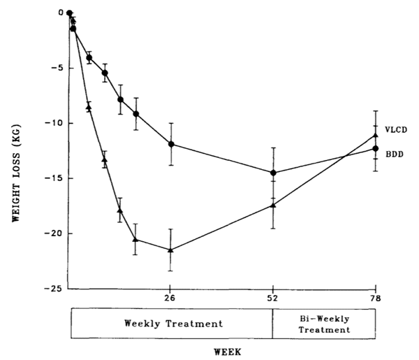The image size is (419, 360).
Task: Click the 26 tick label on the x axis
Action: (x=170, y=297)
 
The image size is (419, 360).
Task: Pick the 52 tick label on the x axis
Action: (x=273, y=297)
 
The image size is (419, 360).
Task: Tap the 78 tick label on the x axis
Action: (x=376, y=297)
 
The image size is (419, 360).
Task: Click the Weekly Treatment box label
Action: (x=173, y=324)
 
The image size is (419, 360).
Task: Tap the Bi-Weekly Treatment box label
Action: (x=324, y=324)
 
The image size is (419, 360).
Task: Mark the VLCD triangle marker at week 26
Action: (x=170, y=250)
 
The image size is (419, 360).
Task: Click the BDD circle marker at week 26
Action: (x=171, y=144)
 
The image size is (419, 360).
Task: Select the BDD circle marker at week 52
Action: (x=273, y=173)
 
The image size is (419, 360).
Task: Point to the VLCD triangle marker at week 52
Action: (x=273, y=205)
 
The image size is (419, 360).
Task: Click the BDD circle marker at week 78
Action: (x=376, y=148)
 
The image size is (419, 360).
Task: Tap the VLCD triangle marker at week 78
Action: (x=376, y=135)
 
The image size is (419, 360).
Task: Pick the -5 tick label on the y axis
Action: (x=56, y=68)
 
